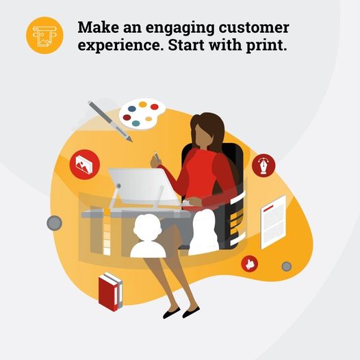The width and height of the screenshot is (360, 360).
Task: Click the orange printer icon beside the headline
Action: [x=44, y=34]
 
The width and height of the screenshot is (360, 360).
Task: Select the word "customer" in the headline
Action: [x=255, y=28]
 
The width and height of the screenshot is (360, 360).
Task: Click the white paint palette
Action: [x=142, y=113]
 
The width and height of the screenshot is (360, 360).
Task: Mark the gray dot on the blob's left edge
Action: [x=55, y=223]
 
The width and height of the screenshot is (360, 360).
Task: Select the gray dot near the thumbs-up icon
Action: [x=286, y=266]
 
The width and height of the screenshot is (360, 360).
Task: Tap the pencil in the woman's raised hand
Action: [x=155, y=157]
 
